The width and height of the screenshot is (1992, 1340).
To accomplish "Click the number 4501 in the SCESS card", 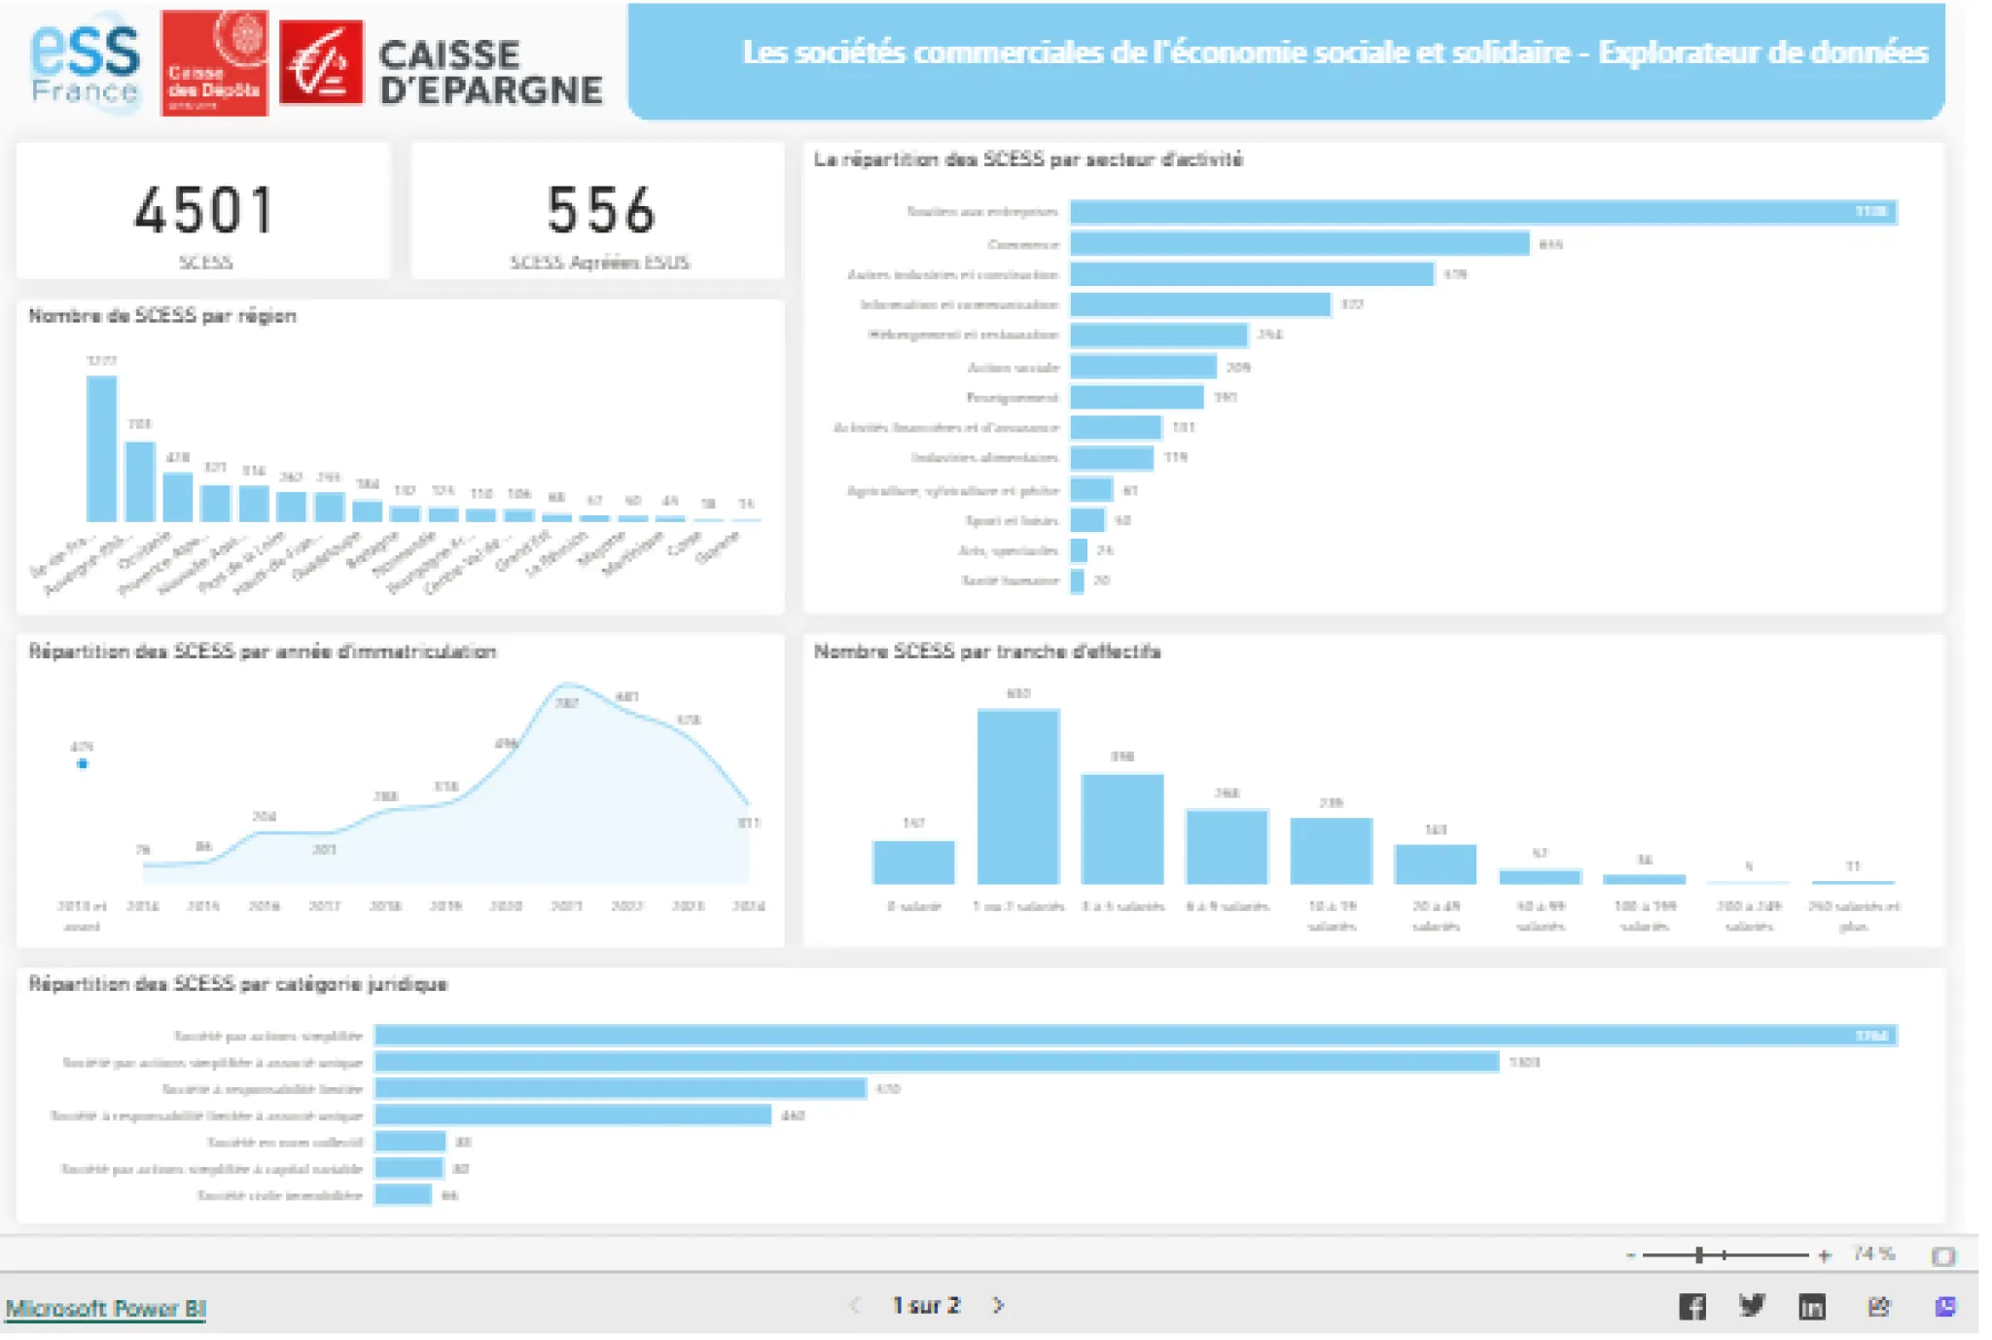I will tap(203, 210).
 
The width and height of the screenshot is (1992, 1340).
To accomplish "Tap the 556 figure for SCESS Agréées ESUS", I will tap(600, 210).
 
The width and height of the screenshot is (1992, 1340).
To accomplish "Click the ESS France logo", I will tap(86, 63).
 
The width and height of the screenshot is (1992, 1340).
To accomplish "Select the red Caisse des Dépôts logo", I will tap(214, 63).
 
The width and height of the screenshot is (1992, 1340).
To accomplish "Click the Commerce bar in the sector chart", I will tap(1299, 243).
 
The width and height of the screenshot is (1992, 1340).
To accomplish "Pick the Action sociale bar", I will tap(1143, 367).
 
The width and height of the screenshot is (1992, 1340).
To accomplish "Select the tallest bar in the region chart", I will tap(101, 449).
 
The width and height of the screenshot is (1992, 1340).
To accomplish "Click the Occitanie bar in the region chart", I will tap(177, 497).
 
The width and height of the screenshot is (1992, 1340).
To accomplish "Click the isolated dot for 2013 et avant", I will tap(83, 764).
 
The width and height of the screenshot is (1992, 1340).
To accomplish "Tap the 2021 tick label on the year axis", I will tap(566, 906).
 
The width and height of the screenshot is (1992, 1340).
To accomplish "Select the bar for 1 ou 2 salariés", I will tap(1017, 796).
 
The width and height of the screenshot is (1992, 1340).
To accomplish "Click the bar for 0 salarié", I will tap(913, 863).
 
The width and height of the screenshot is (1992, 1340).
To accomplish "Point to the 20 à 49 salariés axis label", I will tap(1436, 915).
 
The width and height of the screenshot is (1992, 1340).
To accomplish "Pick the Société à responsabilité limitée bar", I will tap(620, 1088).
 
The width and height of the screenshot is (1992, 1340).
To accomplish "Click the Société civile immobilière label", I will tap(280, 1195).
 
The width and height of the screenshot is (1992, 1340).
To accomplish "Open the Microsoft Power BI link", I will tap(106, 1308).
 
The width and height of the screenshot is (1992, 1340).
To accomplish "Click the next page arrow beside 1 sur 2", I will tap(998, 1305).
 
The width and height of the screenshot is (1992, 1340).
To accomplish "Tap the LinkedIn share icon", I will tap(1811, 1307).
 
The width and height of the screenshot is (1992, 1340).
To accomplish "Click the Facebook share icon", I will tap(1692, 1307).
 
